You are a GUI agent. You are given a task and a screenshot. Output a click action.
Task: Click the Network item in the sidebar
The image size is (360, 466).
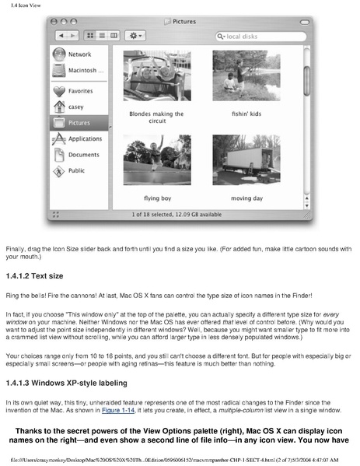(78, 54)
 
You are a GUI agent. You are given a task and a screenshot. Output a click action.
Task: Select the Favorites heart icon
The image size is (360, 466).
(61, 91)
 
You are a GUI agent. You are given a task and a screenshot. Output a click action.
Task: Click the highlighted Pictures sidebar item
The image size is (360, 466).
(78, 122)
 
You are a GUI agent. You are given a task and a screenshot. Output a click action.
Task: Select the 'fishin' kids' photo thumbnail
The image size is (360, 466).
(241, 76)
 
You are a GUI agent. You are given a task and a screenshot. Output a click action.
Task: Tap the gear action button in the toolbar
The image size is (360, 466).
(137, 36)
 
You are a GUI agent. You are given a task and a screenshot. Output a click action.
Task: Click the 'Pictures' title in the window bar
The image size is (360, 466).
(184, 21)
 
